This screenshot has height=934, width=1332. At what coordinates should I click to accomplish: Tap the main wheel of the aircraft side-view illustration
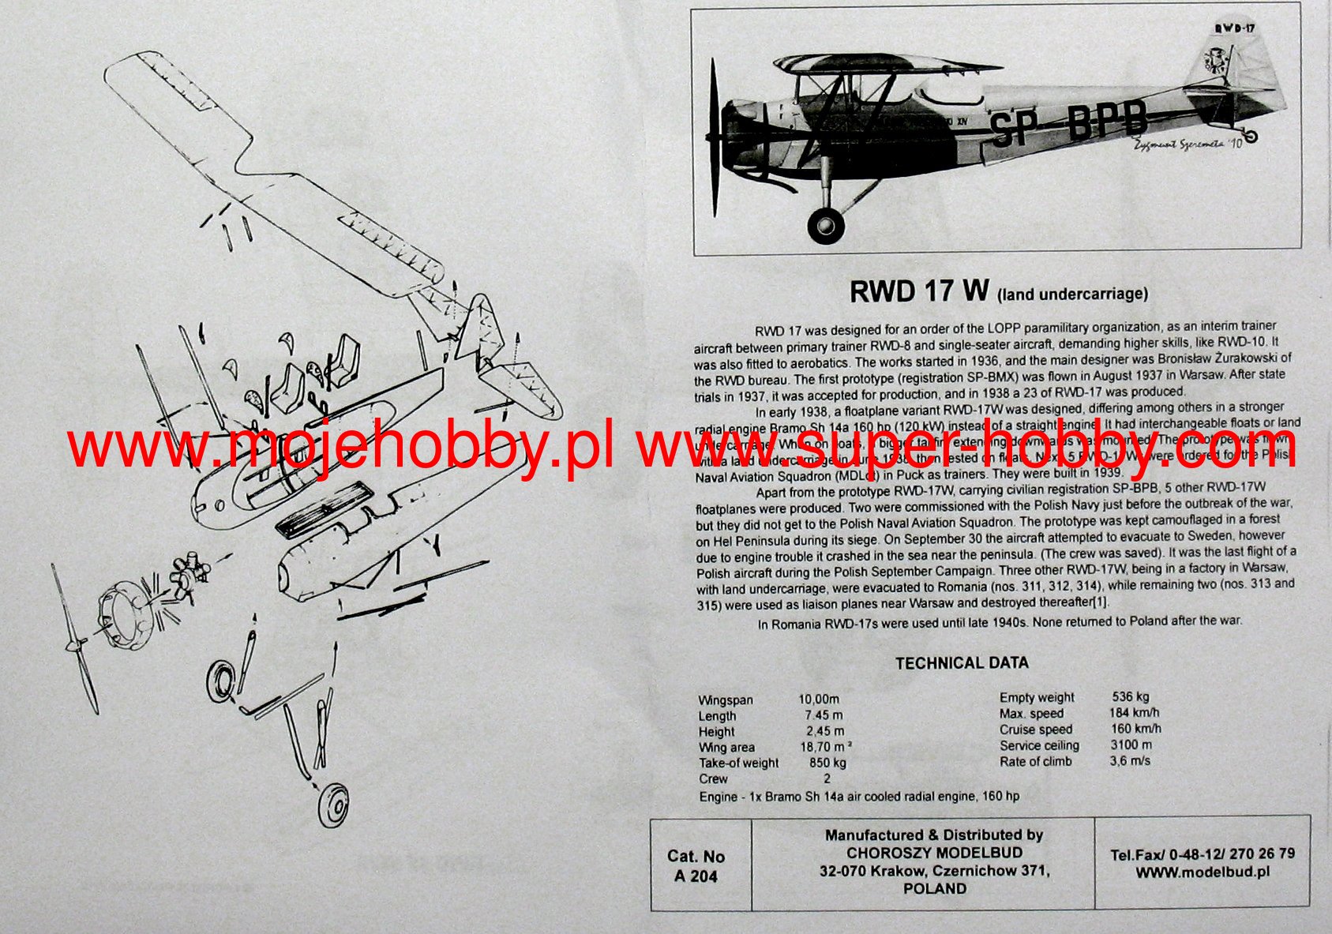[826, 224]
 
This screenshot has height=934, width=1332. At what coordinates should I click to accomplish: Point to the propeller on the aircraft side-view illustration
[715, 126]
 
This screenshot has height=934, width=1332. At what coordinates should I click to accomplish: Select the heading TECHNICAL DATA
[962, 663]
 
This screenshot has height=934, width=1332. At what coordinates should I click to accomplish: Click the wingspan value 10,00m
[818, 700]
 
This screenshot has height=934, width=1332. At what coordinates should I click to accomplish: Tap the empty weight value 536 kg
[1130, 696]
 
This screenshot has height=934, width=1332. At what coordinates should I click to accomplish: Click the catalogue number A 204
[696, 876]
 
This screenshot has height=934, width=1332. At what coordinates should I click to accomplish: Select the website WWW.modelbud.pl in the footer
[1203, 872]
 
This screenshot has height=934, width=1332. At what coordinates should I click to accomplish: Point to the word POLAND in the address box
[935, 888]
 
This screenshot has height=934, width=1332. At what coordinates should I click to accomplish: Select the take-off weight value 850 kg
[827, 763]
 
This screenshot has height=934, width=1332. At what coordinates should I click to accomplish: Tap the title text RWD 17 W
[918, 291]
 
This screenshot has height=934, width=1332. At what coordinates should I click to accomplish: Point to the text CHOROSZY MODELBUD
[934, 853]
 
